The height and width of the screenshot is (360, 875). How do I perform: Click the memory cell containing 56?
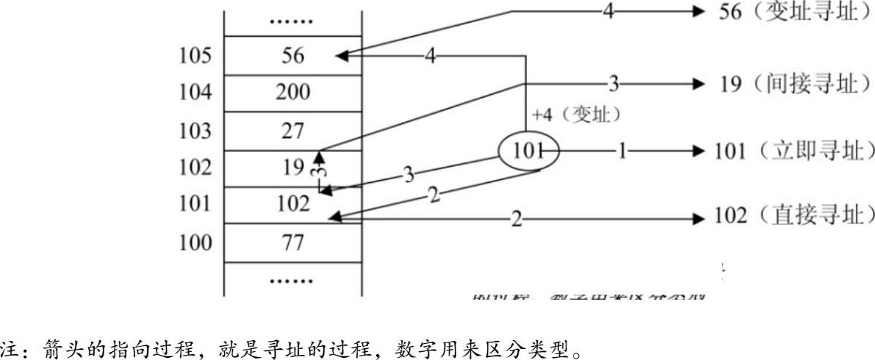pos(292,56)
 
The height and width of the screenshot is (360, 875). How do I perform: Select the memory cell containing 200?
pos(292,93)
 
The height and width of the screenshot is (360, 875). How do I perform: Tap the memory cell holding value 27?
pos(292,132)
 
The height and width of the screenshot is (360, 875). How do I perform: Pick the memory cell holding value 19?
pos(292,168)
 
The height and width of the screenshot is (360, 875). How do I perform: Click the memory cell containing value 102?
pos(292,204)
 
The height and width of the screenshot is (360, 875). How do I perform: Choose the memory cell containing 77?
pos(292,242)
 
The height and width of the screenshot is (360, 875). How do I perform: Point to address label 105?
pos(196,56)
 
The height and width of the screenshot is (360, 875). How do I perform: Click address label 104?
pos(196,93)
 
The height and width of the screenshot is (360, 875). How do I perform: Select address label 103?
pos(196,132)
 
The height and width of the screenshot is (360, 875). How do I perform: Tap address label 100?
pos(196,242)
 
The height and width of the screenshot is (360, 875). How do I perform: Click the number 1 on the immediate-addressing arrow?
pos(622,151)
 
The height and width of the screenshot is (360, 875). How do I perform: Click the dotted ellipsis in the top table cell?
pos(292,20)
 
